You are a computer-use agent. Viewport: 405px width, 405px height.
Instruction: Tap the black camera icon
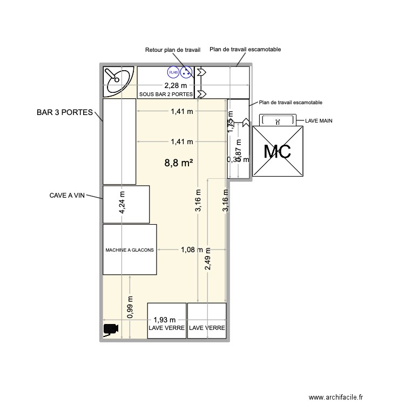pos(111,328)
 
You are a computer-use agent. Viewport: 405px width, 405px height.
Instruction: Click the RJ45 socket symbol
pos(173,72)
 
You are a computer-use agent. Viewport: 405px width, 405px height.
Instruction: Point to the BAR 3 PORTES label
pos(65,113)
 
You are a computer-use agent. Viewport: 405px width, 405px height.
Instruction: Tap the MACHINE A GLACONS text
pos(130,250)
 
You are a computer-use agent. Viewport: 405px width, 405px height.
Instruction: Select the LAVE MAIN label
pos(319,121)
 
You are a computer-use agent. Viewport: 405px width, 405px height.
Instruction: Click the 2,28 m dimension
pos(176,85)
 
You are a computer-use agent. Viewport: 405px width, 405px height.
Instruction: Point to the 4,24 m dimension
pos(123,204)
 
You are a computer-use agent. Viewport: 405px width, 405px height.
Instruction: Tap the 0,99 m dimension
pos(130,307)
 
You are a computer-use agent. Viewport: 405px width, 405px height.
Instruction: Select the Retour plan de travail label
pos(173,50)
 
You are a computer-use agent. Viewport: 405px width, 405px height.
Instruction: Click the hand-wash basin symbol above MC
pos(278,120)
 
